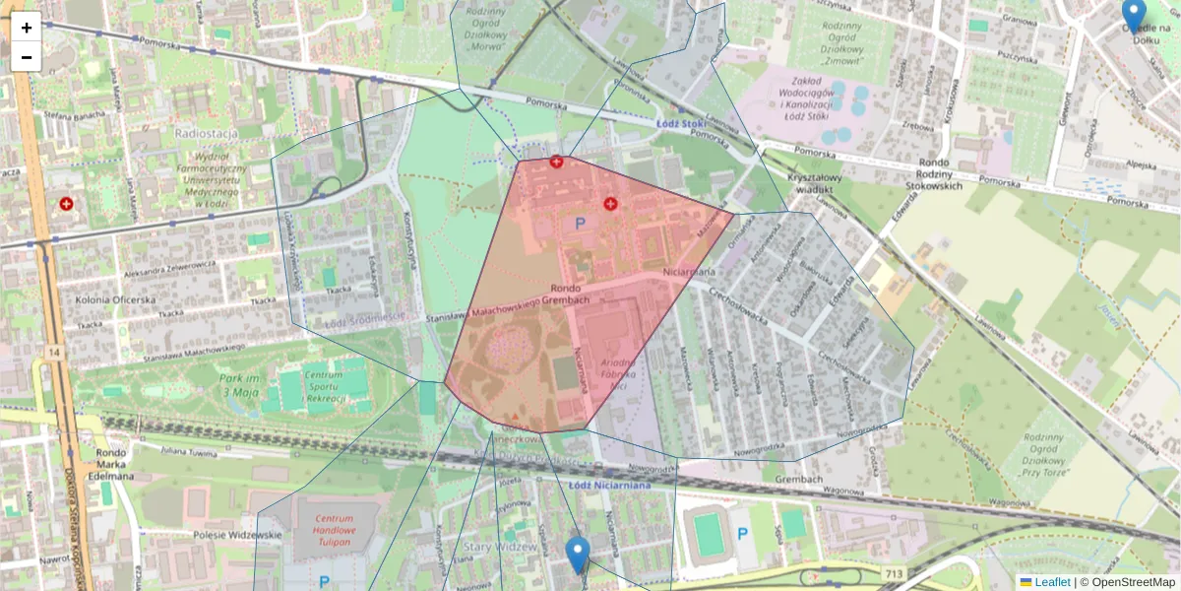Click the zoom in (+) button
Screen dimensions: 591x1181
pyautogui.click(x=27, y=28)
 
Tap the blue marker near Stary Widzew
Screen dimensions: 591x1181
pyautogui.click(x=578, y=555)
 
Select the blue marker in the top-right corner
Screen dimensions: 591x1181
pyautogui.click(x=1134, y=15)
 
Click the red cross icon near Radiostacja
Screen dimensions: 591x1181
pyautogui.click(x=67, y=204)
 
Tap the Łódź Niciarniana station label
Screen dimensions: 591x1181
pyautogui.click(x=610, y=484)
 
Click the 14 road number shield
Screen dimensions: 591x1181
pyautogui.click(x=52, y=351)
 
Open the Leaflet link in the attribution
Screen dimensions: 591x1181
pyautogui.click(x=1051, y=582)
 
